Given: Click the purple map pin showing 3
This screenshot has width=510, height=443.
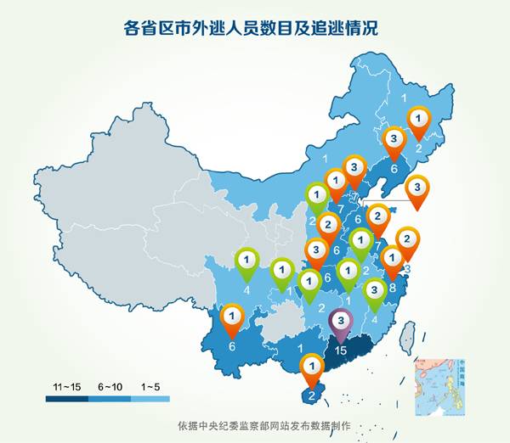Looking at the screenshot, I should (341, 322).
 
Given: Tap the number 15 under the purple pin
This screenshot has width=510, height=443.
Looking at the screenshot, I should (342, 349).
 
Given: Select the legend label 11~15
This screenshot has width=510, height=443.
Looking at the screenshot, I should (67, 387).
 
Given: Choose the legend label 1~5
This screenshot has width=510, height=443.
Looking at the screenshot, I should (150, 387).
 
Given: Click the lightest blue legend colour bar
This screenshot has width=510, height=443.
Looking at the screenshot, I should (150, 398).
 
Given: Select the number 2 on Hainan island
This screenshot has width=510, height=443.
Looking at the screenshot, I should (312, 395).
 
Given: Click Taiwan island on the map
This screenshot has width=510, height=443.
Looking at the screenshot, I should (409, 337).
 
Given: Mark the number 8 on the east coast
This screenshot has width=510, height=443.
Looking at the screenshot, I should (392, 288).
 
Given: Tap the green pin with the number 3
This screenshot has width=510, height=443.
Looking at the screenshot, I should (375, 291).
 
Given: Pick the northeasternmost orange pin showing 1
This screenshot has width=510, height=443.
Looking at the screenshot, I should (418, 118).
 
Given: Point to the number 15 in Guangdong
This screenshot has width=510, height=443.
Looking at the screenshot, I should (342, 349).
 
